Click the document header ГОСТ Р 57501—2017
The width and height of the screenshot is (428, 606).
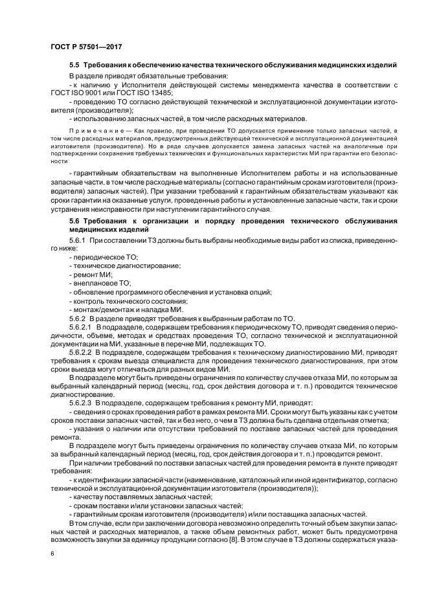click(x=85, y=47)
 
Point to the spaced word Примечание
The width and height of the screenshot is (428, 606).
click(x=92, y=131)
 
